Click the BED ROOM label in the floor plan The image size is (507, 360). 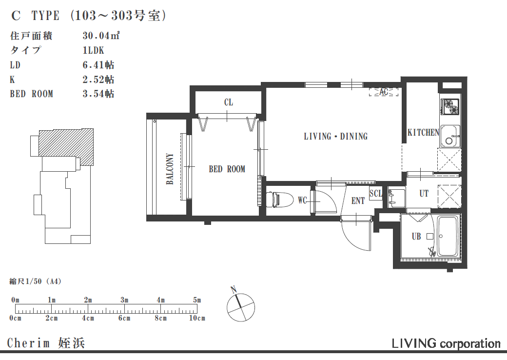pyautogui.click(x=227, y=169)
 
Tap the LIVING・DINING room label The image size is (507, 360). pyautogui.click(x=335, y=137)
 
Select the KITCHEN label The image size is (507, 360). pyautogui.click(x=423, y=133)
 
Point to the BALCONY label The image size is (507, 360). pyautogui.click(x=170, y=169)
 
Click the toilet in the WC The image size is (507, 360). pyautogui.click(x=280, y=199)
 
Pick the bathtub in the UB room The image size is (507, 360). pyautogui.click(x=448, y=236)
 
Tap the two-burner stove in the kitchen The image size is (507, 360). pyautogui.click(x=450, y=106)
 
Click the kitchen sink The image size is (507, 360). pyautogui.click(x=450, y=136)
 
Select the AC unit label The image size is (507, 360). pyautogui.click(x=384, y=92)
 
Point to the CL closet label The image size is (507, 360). pyautogui.click(x=229, y=102)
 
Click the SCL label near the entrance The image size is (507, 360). pyautogui.click(x=376, y=194)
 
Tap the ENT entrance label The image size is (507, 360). pyautogui.click(x=358, y=201)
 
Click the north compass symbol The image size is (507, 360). pyautogui.click(x=240, y=306)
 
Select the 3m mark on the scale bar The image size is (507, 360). pyautogui.click(x=124, y=300)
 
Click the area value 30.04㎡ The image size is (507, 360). pyautogui.click(x=101, y=36)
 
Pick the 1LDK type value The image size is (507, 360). pyautogui.click(x=94, y=50)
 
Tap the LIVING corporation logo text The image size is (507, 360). pyautogui.click(x=446, y=343)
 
